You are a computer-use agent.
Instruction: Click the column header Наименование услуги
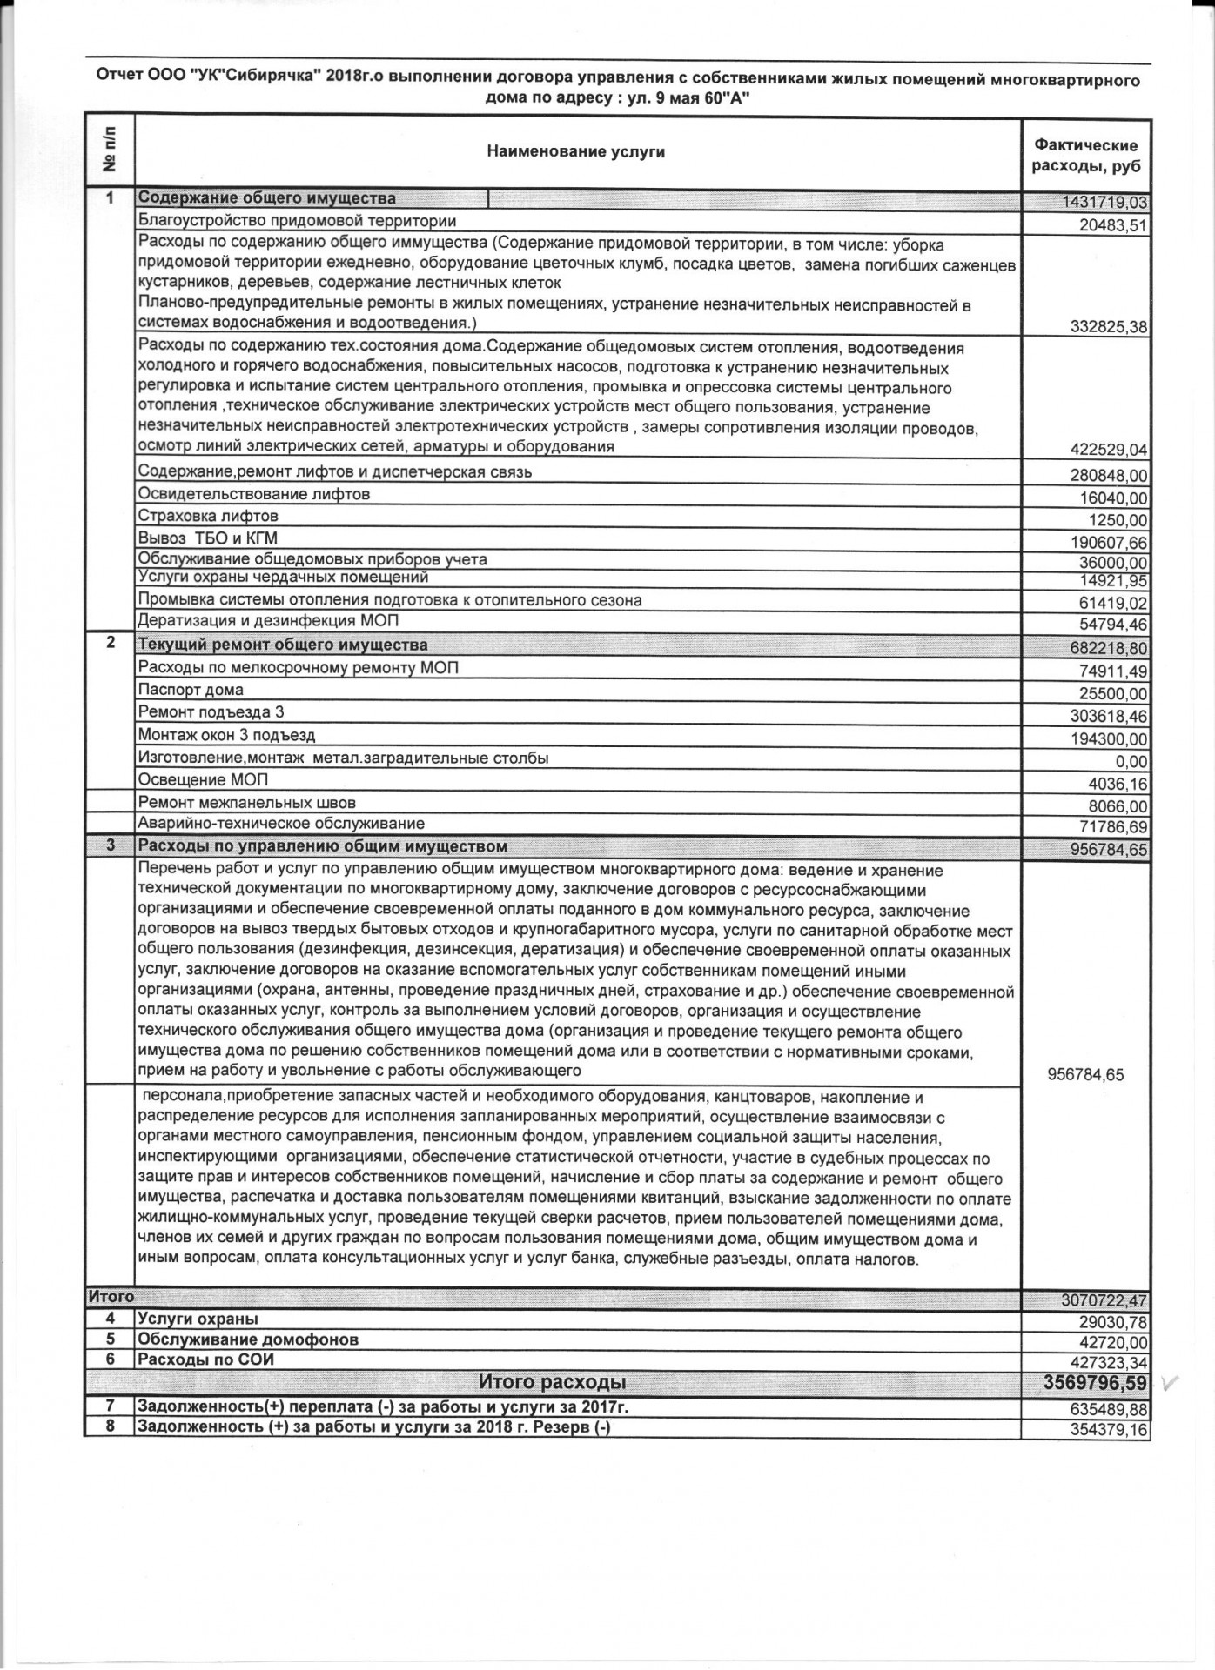point(575,152)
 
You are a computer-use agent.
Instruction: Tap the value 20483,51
point(1113,226)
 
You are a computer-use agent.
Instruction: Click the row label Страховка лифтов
point(208,517)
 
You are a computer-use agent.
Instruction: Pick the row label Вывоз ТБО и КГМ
point(208,538)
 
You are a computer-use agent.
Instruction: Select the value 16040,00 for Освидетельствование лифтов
point(1113,498)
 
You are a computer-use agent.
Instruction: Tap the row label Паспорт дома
point(191,691)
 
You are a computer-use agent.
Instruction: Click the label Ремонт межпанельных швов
point(246,803)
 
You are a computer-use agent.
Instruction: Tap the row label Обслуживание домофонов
point(248,1364)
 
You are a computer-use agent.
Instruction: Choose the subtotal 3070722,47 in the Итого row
point(1104,1301)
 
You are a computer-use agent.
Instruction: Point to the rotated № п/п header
point(110,151)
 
